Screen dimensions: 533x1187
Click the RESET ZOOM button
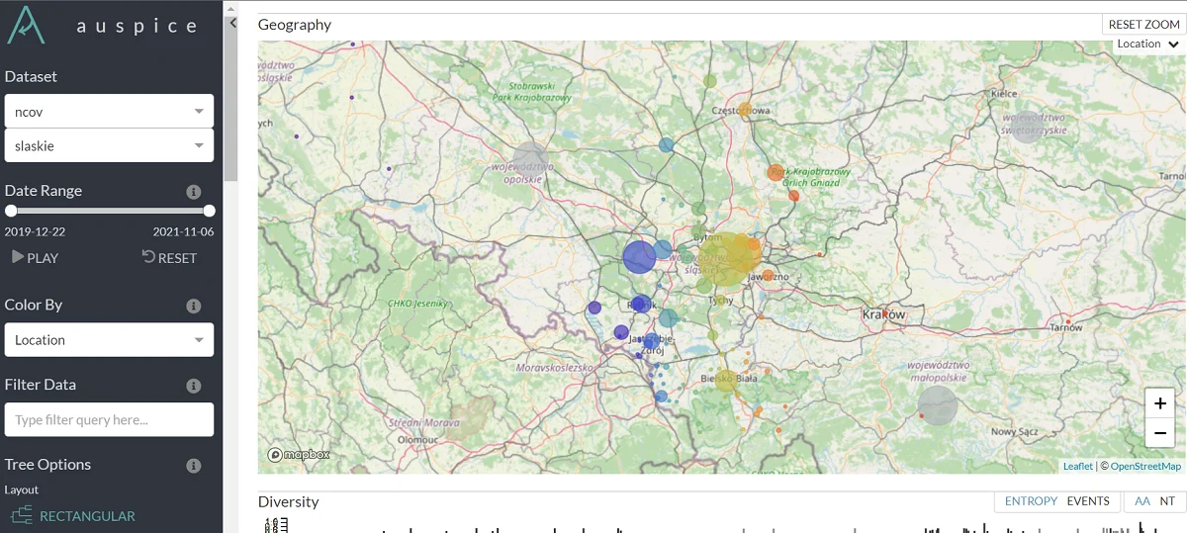point(1143,25)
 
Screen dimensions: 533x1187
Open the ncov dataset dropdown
point(109,112)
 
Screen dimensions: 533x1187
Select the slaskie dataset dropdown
point(109,145)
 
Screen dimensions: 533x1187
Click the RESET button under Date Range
point(169,258)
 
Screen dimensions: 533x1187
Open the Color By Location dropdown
point(109,340)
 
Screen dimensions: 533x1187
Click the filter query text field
point(109,419)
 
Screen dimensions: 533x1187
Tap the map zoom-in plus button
point(1159,403)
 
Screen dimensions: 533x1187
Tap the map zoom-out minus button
point(1159,432)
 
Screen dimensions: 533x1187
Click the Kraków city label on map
point(883,314)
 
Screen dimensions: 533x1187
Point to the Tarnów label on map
point(1065,327)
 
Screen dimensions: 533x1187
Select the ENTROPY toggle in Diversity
point(1031,501)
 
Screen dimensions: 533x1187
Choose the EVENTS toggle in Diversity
point(1087,501)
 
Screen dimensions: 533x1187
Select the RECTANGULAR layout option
point(87,516)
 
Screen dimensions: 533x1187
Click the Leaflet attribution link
point(1077,467)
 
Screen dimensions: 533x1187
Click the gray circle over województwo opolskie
point(530,160)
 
